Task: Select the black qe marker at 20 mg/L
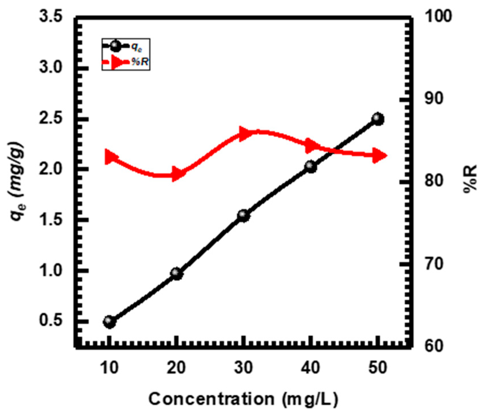click(177, 273)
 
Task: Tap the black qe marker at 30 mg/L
click(244, 216)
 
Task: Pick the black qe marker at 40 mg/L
click(311, 166)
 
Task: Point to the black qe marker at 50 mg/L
click(378, 119)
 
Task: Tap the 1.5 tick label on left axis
click(51, 220)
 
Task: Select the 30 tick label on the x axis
click(244, 367)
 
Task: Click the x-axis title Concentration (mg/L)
click(243, 399)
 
